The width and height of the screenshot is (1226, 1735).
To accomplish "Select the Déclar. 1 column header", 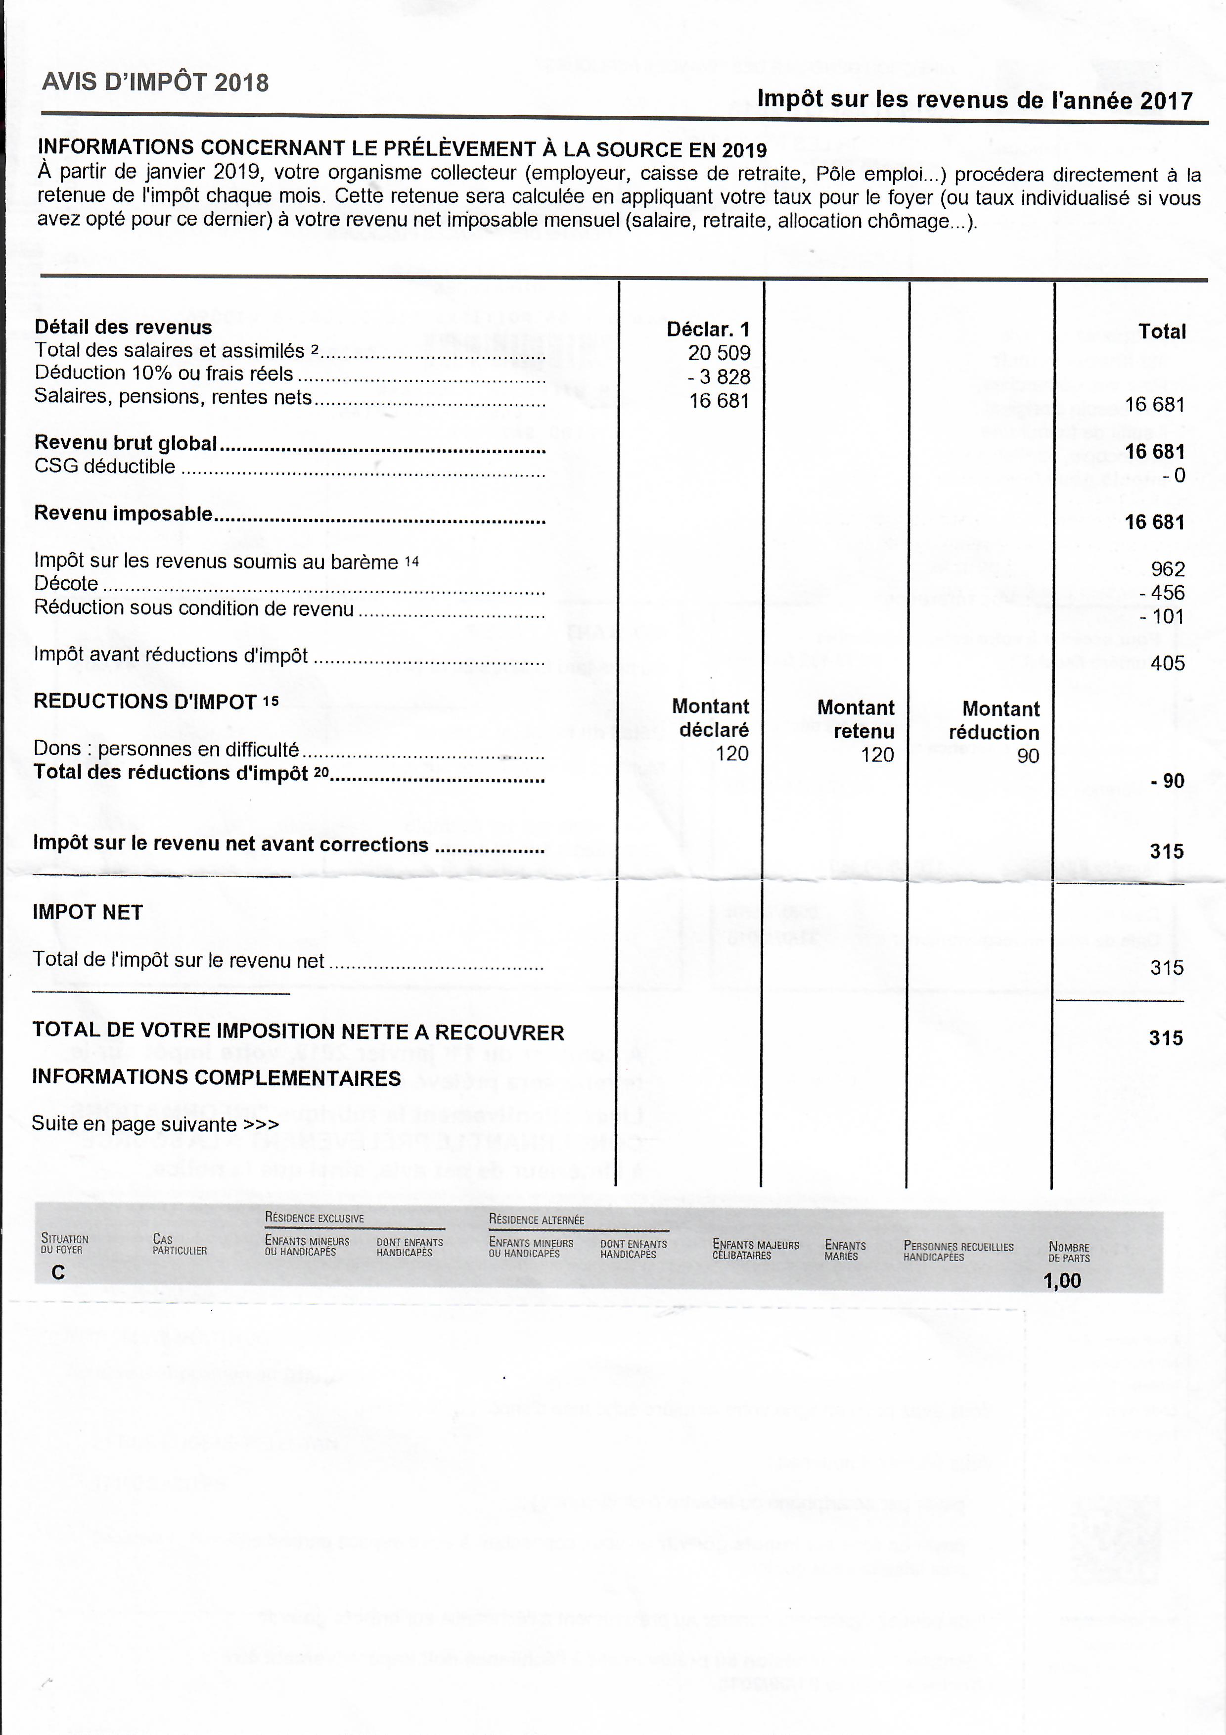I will click(x=708, y=329).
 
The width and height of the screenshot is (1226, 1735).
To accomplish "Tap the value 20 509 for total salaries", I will click(x=719, y=353).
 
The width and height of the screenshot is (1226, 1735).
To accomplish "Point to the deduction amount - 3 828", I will click(x=719, y=377).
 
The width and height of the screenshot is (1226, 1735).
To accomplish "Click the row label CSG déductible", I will click(x=105, y=466).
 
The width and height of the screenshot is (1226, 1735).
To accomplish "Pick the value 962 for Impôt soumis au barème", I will click(x=1167, y=569).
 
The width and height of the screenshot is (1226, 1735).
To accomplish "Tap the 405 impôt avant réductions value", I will click(x=1167, y=663).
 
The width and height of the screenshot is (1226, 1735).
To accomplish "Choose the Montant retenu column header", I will click(x=856, y=719).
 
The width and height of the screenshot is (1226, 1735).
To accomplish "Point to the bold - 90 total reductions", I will click(x=1167, y=781).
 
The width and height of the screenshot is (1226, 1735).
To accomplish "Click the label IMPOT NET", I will click(x=88, y=912).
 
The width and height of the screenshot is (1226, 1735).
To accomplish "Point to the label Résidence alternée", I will click(x=536, y=1219).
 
